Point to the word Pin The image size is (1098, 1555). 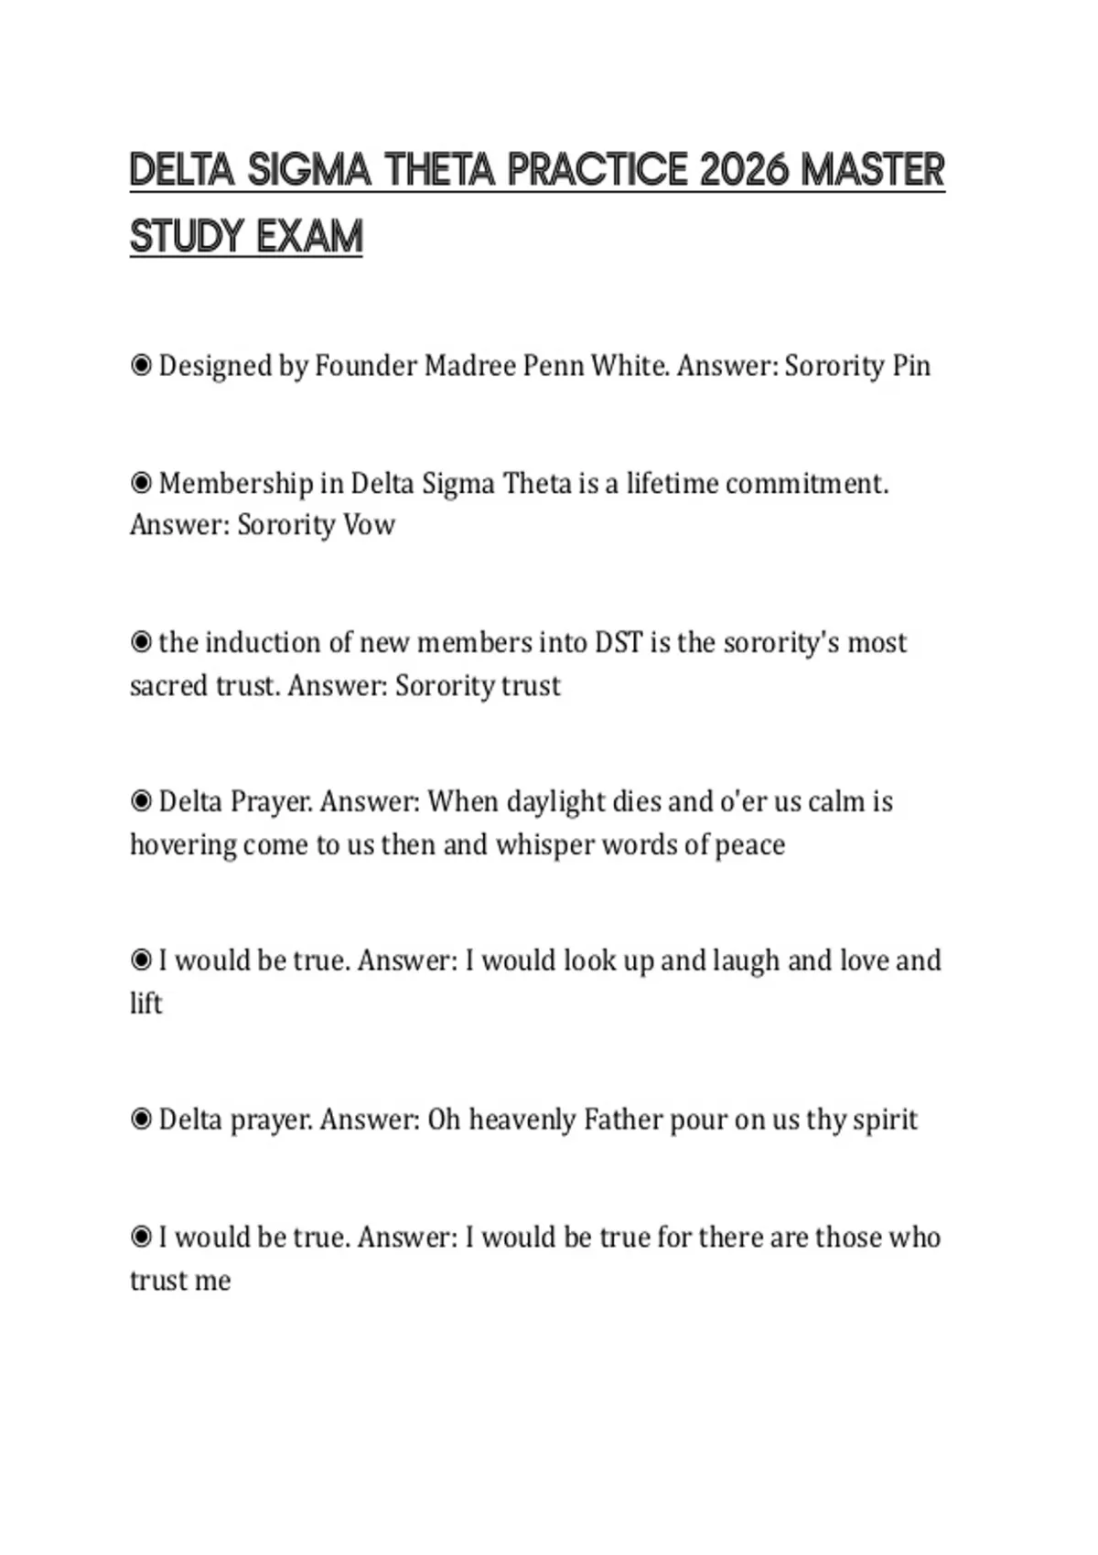911,366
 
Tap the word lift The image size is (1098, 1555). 145,1003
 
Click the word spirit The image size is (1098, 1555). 885,1120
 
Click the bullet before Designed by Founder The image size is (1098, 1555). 141,366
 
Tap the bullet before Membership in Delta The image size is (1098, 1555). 141,483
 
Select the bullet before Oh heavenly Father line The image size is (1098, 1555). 141,1120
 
